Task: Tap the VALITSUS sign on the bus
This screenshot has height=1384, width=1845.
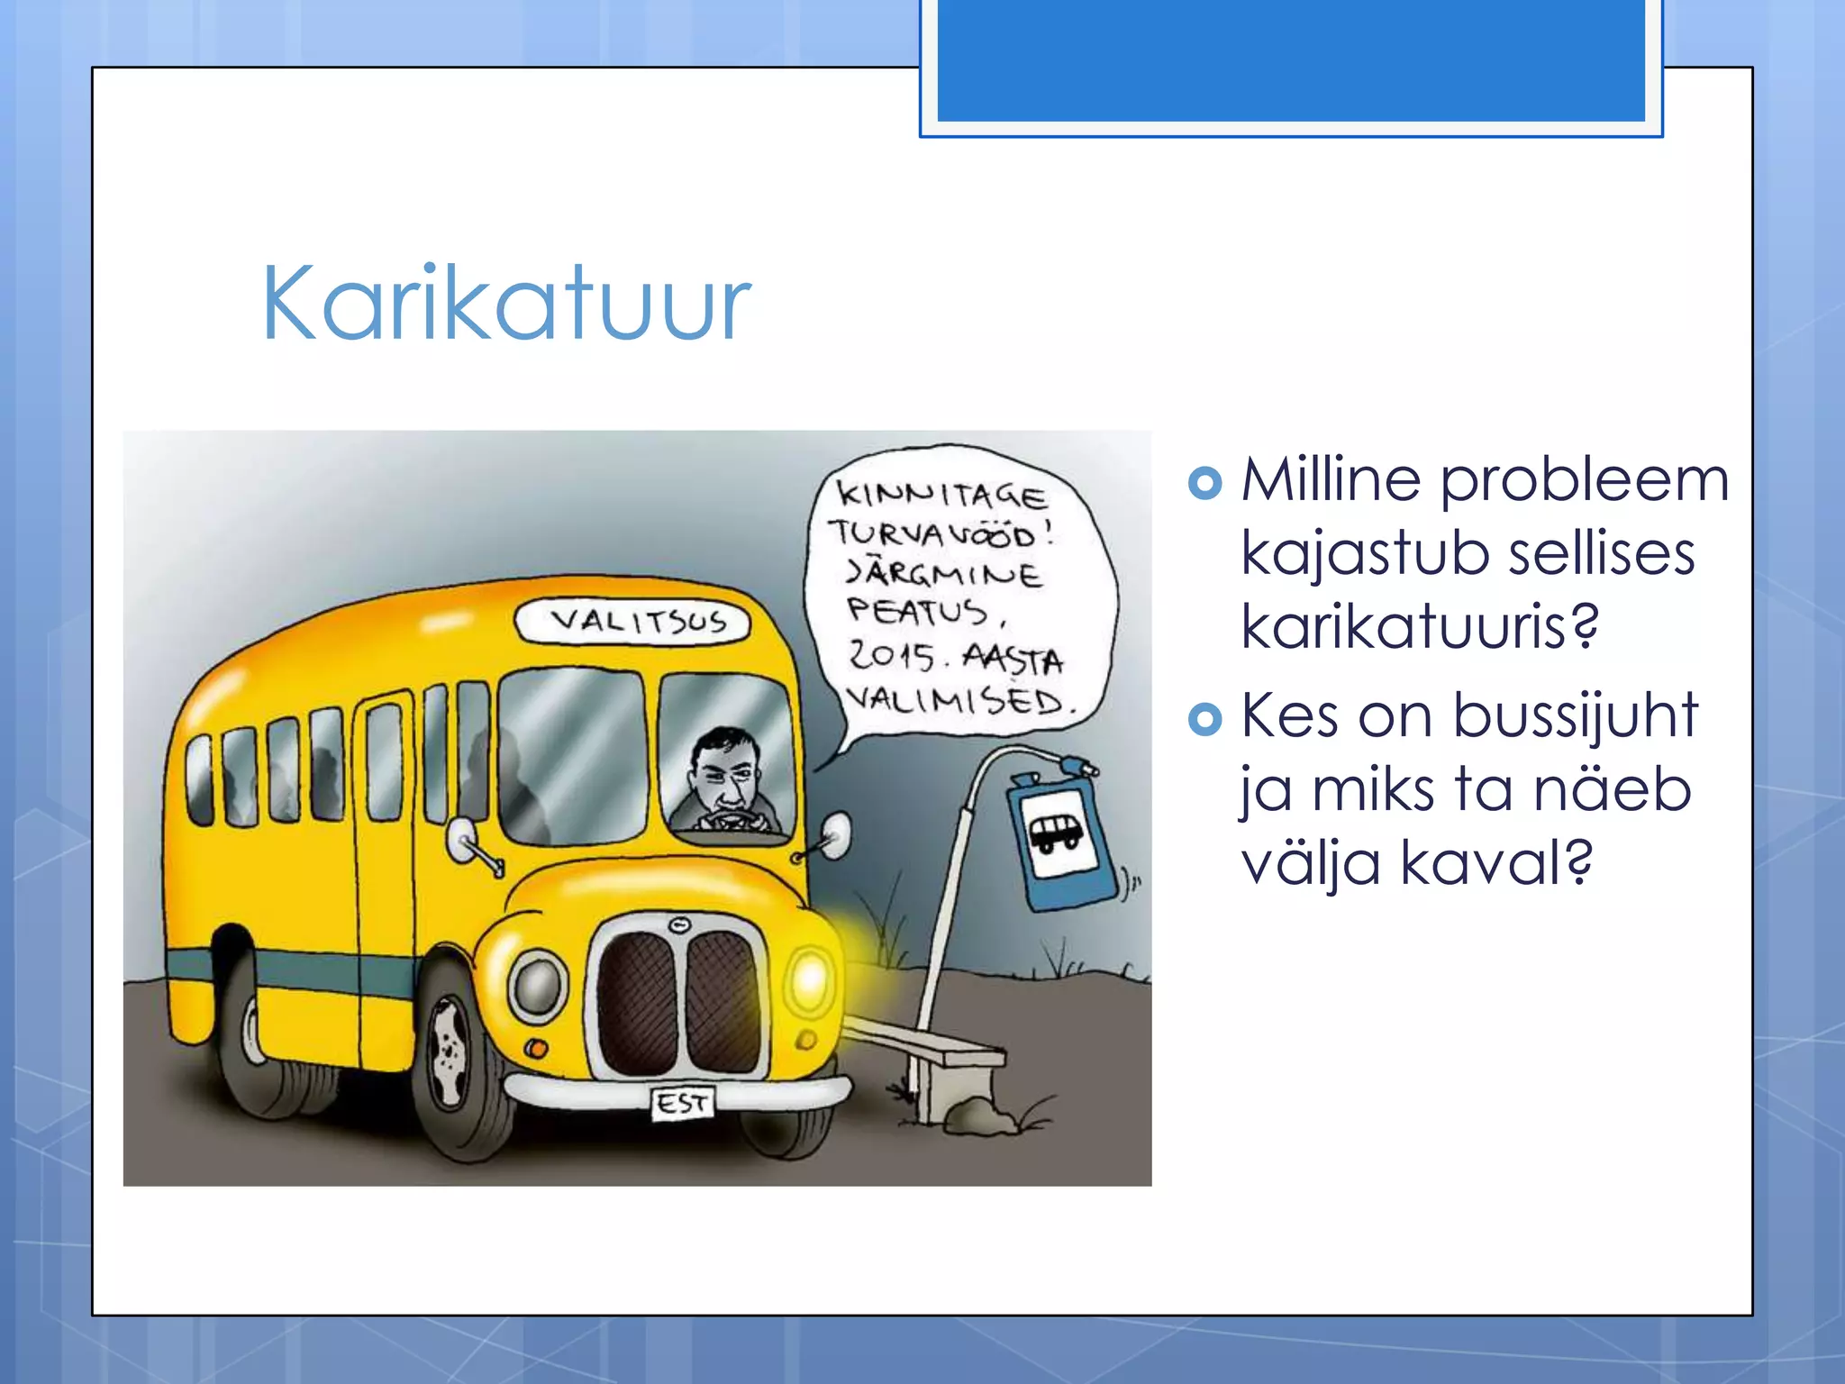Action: (x=633, y=621)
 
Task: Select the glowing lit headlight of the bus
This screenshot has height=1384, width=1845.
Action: (x=809, y=979)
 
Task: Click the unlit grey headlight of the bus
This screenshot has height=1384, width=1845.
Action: (x=538, y=986)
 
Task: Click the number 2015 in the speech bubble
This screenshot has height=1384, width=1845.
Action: (x=892, y=654)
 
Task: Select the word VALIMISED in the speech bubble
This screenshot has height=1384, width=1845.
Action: (x=957, y=699)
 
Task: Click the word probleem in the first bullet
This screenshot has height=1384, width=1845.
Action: (x=1584, y=479)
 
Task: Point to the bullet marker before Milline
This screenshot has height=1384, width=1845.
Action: (x=1204, y=483)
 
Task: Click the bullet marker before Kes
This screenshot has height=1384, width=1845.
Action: (x=1204, y=719)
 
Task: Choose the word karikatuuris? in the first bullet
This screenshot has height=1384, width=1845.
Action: (x=1420, y=625)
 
